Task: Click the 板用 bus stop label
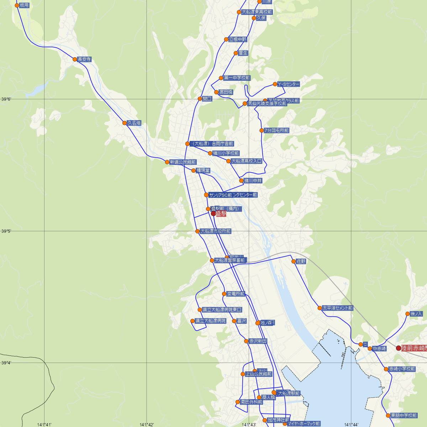click(25, 5)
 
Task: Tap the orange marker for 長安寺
click(75, 59)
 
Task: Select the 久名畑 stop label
click(134, 123)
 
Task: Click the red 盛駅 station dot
click(213, 213)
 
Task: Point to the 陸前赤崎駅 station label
click(414, 348)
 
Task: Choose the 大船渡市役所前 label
click(216, 231)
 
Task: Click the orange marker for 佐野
click(294, 261)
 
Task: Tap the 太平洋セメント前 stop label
click(337, 308)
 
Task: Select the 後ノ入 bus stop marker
click(408, 314)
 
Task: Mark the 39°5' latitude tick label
click(6, 231)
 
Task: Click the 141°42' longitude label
click(147, 425)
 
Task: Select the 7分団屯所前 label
click(276, 131)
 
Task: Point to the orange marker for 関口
click(200, 99)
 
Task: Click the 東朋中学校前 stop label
click(404, 415)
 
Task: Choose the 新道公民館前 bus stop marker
click(167, 162)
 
